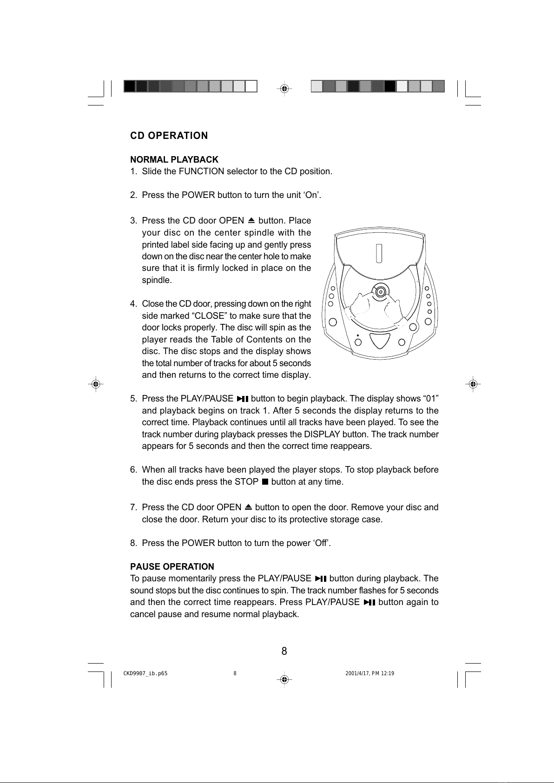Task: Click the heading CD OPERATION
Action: click(169, 136)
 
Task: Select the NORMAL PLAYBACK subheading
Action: click(174, 160)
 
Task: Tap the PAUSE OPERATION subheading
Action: click(172, 566)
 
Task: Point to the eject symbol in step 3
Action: click(251, 220)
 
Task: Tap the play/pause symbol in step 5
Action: click(242, 399)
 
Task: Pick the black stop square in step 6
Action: click(265, 482)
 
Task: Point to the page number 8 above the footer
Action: click(284, 651)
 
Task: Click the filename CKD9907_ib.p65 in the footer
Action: click(145, 673)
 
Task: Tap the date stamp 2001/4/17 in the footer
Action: click(359, 673)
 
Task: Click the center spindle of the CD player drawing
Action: click(381, 292)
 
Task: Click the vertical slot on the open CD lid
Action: click(379, 253)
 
